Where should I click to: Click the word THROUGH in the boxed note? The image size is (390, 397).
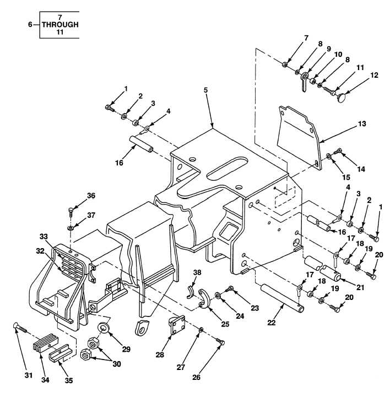pyautogui.click(x=60, y=25)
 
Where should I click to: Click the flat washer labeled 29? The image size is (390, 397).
pyautogui.click(x=103, y=331)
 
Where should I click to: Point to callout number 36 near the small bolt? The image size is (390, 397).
pyautogui.click(x=91, y=196)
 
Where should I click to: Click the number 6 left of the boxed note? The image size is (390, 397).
pyautogui.click(x=30, y=25)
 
